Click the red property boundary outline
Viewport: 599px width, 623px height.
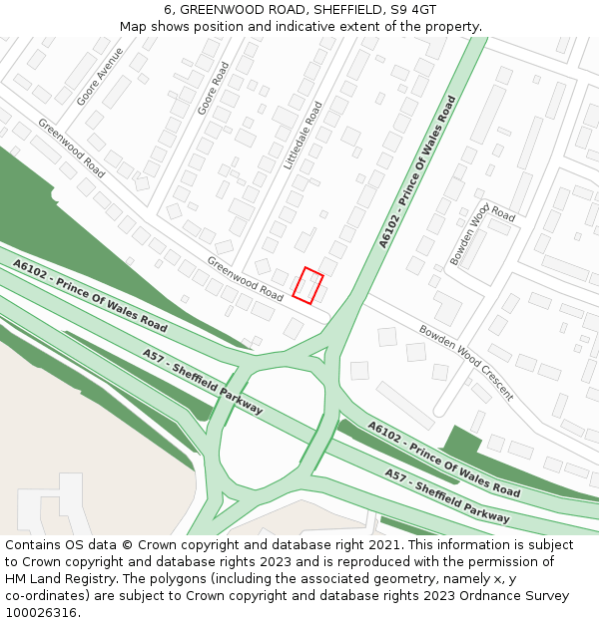click(308, 285)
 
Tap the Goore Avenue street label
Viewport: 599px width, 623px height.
click(101, 77)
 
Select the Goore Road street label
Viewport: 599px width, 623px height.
click(214, 88)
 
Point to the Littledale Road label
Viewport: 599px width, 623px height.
click(303, 135)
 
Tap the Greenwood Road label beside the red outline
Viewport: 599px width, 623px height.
click(246, 278)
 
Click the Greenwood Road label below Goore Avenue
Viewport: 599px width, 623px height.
click(71, 149)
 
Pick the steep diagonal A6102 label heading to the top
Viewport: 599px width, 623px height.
click(417, 171)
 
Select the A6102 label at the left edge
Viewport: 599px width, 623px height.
click(90, 296)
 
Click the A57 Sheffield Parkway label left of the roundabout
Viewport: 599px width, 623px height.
click(203, 382)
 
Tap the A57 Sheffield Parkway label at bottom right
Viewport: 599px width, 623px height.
click(446, 494)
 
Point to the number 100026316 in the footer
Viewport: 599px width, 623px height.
click(41, 612)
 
